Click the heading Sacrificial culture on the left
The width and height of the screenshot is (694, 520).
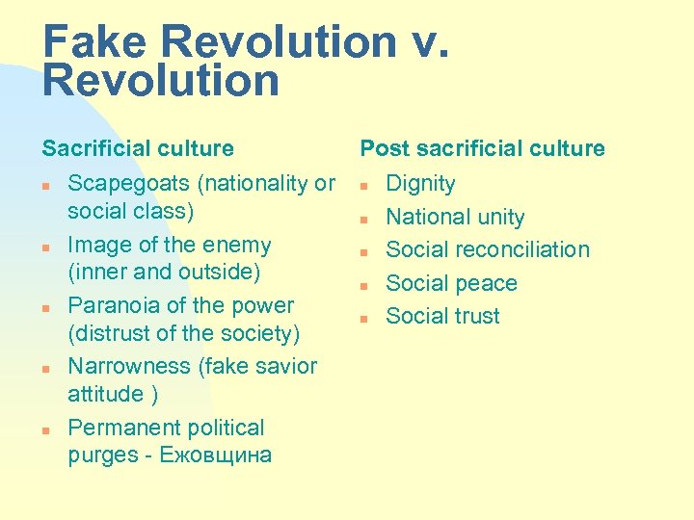(138, 148)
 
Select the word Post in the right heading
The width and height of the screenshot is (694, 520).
(383, 148)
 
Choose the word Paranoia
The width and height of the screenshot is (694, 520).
(112, 305)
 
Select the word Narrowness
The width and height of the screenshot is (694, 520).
(130, 366)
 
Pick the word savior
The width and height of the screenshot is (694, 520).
(285, 366)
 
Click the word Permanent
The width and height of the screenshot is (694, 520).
(124, 428)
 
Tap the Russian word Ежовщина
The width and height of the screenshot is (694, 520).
(217, 455)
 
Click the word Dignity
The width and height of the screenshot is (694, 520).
(421, 183)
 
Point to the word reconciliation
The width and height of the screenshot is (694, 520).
(520, 249)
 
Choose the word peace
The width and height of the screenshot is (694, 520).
(487, 283)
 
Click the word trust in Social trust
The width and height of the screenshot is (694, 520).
(475, 316)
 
